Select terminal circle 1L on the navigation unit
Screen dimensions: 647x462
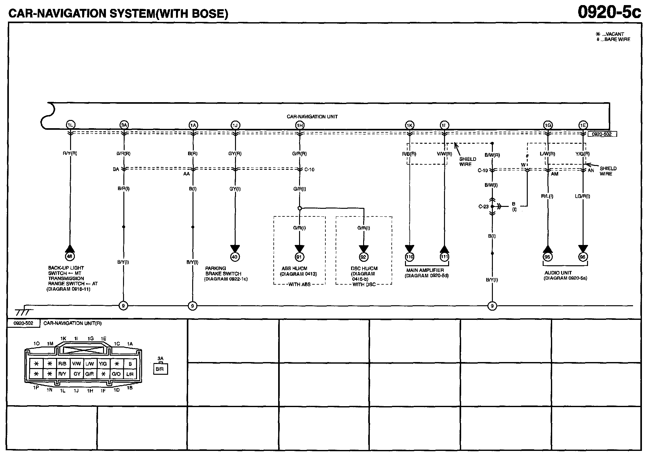(x=70, y=125)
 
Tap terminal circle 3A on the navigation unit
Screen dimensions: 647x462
(x=124, y=125)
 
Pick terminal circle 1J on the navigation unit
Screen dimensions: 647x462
(x=235, y=125)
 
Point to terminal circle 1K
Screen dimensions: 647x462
(x=409, y=125)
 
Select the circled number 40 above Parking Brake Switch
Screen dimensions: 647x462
(x=235, y=257)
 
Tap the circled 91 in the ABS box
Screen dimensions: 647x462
(x=299, y=257)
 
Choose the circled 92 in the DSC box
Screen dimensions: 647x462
(x=363, y=257)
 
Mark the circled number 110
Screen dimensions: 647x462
(x=409, y=257)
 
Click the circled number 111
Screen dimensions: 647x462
(x=444, y=257)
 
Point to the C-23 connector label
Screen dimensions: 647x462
(x=483, y=207)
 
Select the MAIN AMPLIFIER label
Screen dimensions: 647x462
(x=425, y=270)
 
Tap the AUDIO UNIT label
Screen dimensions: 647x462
(x=558, y=273)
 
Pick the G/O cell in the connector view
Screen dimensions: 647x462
(x=116, y=374)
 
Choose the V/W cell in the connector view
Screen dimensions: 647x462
(x=76, y=364)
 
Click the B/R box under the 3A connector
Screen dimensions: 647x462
(x=160, y=369)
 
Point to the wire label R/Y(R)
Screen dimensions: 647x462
(x=70, y=153)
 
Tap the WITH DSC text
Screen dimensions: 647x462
(x=364, y=284)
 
